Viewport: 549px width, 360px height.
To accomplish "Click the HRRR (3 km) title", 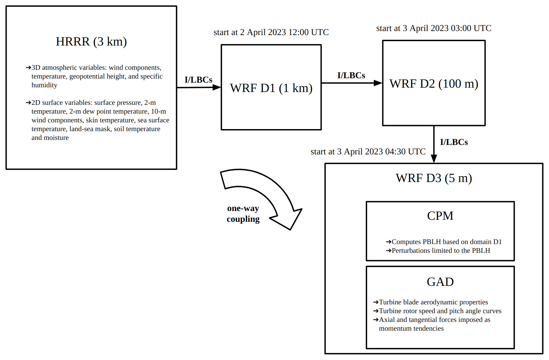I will point(91,41).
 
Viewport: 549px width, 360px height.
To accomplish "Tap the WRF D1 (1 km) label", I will point(271,88).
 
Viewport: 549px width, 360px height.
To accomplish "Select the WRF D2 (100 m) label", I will point(434,84).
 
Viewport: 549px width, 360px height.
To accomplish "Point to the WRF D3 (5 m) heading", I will point(434,178).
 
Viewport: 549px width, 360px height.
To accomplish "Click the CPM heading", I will point(440,216).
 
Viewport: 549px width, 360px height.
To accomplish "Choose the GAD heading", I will point(440,282).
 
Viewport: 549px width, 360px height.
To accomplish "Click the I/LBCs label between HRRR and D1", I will point(198,80).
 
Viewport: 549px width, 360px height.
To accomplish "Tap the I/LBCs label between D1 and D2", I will point(351,76).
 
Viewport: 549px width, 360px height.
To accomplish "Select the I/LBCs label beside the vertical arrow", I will point(454,142).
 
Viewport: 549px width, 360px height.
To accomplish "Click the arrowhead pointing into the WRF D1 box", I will point(217,87).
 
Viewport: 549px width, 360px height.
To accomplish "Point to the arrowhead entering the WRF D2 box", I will point(378,83).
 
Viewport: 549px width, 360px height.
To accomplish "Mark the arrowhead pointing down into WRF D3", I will point(434,158).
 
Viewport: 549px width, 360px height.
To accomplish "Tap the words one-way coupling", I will point(243,214).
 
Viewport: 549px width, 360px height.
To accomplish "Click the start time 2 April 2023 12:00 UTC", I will point(271,32).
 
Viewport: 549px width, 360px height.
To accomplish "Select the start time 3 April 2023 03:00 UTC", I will point(434,28).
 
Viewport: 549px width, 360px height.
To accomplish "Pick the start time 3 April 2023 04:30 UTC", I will point(368,152).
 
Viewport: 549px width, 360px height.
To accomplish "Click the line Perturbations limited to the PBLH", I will point(441,250).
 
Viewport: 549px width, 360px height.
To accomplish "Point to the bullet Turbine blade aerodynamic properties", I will point(433,302).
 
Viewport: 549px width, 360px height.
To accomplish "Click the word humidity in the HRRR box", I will point(44,85).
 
